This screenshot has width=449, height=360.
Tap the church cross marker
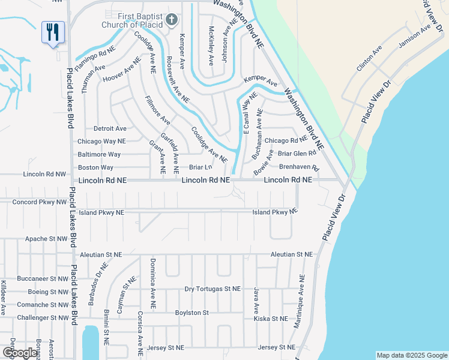point(171,20)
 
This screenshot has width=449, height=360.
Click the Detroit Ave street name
point(110,128)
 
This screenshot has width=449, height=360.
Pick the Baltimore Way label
point(99,154)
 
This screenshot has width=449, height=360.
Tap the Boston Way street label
point(95,167)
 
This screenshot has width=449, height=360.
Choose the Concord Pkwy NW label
point(40,202)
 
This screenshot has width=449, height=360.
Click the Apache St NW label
point(46,239)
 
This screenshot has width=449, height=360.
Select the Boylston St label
point(191,313)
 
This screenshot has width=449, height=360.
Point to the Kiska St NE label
point(271,319)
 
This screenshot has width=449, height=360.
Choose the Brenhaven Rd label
point(299,167)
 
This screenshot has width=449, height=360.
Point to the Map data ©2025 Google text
point(411,355)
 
